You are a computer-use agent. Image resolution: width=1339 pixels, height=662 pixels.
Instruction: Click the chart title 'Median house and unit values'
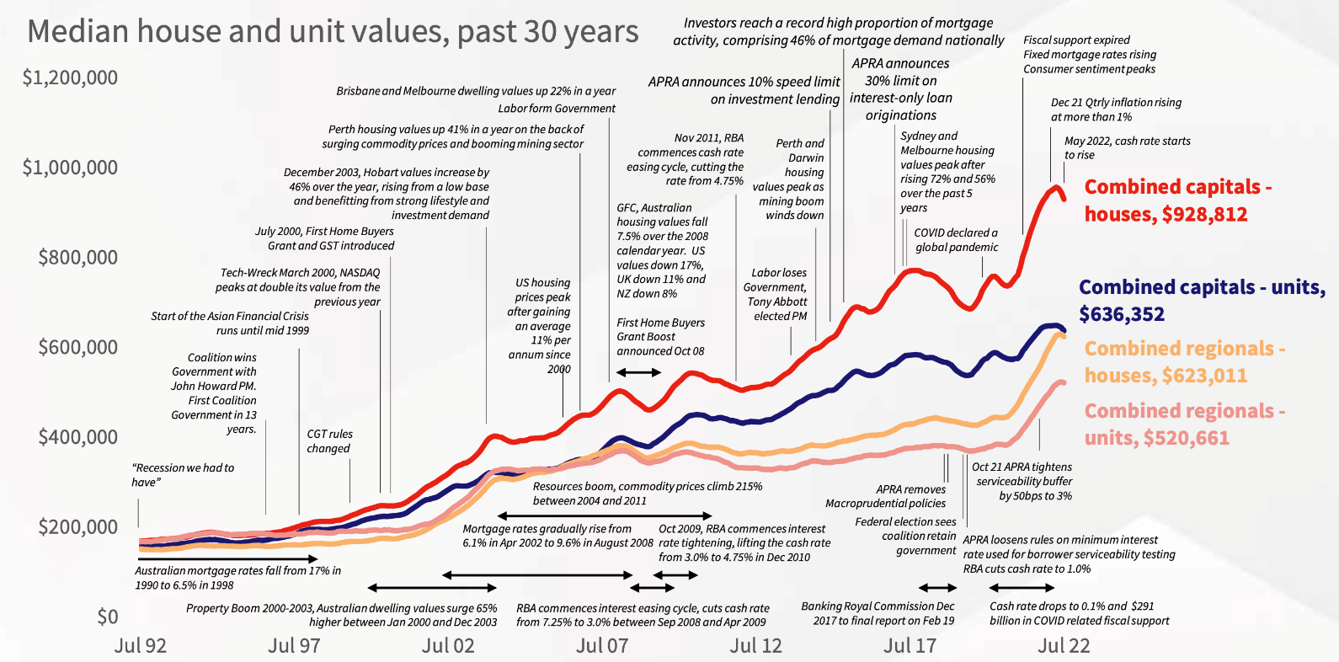333,32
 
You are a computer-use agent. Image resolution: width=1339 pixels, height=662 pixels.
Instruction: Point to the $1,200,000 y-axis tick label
70,78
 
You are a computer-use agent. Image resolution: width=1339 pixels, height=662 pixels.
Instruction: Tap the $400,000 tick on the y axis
77,437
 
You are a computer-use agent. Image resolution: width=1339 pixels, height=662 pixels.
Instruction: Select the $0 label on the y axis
107,617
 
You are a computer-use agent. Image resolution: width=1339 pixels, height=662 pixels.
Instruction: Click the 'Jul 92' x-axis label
141,646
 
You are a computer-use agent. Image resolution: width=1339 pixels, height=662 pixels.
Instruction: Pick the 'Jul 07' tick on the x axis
602,646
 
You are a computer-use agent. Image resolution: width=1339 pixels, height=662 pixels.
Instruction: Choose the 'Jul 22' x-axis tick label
1064,646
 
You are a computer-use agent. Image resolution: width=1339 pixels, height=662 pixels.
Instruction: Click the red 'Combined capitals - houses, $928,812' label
1177,200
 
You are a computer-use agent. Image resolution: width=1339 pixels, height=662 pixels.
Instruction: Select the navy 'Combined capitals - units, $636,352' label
1202,301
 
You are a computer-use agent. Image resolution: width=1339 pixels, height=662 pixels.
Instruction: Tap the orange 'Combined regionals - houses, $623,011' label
1184,362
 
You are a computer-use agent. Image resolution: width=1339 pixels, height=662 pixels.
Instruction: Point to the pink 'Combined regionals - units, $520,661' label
1184,424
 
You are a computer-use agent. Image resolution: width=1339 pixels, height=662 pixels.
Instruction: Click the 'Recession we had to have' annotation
183,475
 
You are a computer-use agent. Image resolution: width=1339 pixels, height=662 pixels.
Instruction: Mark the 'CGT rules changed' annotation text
329,441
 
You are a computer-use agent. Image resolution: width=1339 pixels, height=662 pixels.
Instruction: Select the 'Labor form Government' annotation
556,109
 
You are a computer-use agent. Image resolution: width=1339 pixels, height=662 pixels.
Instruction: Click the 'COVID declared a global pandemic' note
956,240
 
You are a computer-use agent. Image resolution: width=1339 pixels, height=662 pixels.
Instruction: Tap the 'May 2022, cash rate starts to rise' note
1127,148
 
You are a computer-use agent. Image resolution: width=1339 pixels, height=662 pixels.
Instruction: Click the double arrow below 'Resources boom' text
605,515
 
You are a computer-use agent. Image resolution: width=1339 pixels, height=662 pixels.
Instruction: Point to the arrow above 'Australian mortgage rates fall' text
228,558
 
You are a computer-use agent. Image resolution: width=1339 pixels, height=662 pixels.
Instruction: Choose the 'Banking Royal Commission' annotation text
878,613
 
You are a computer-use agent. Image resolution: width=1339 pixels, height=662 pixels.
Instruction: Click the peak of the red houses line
1054,187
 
